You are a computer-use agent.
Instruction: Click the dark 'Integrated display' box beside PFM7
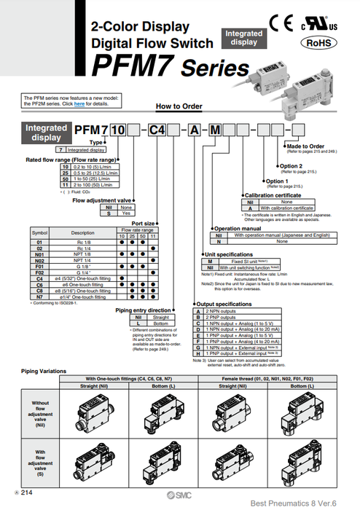47,132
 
